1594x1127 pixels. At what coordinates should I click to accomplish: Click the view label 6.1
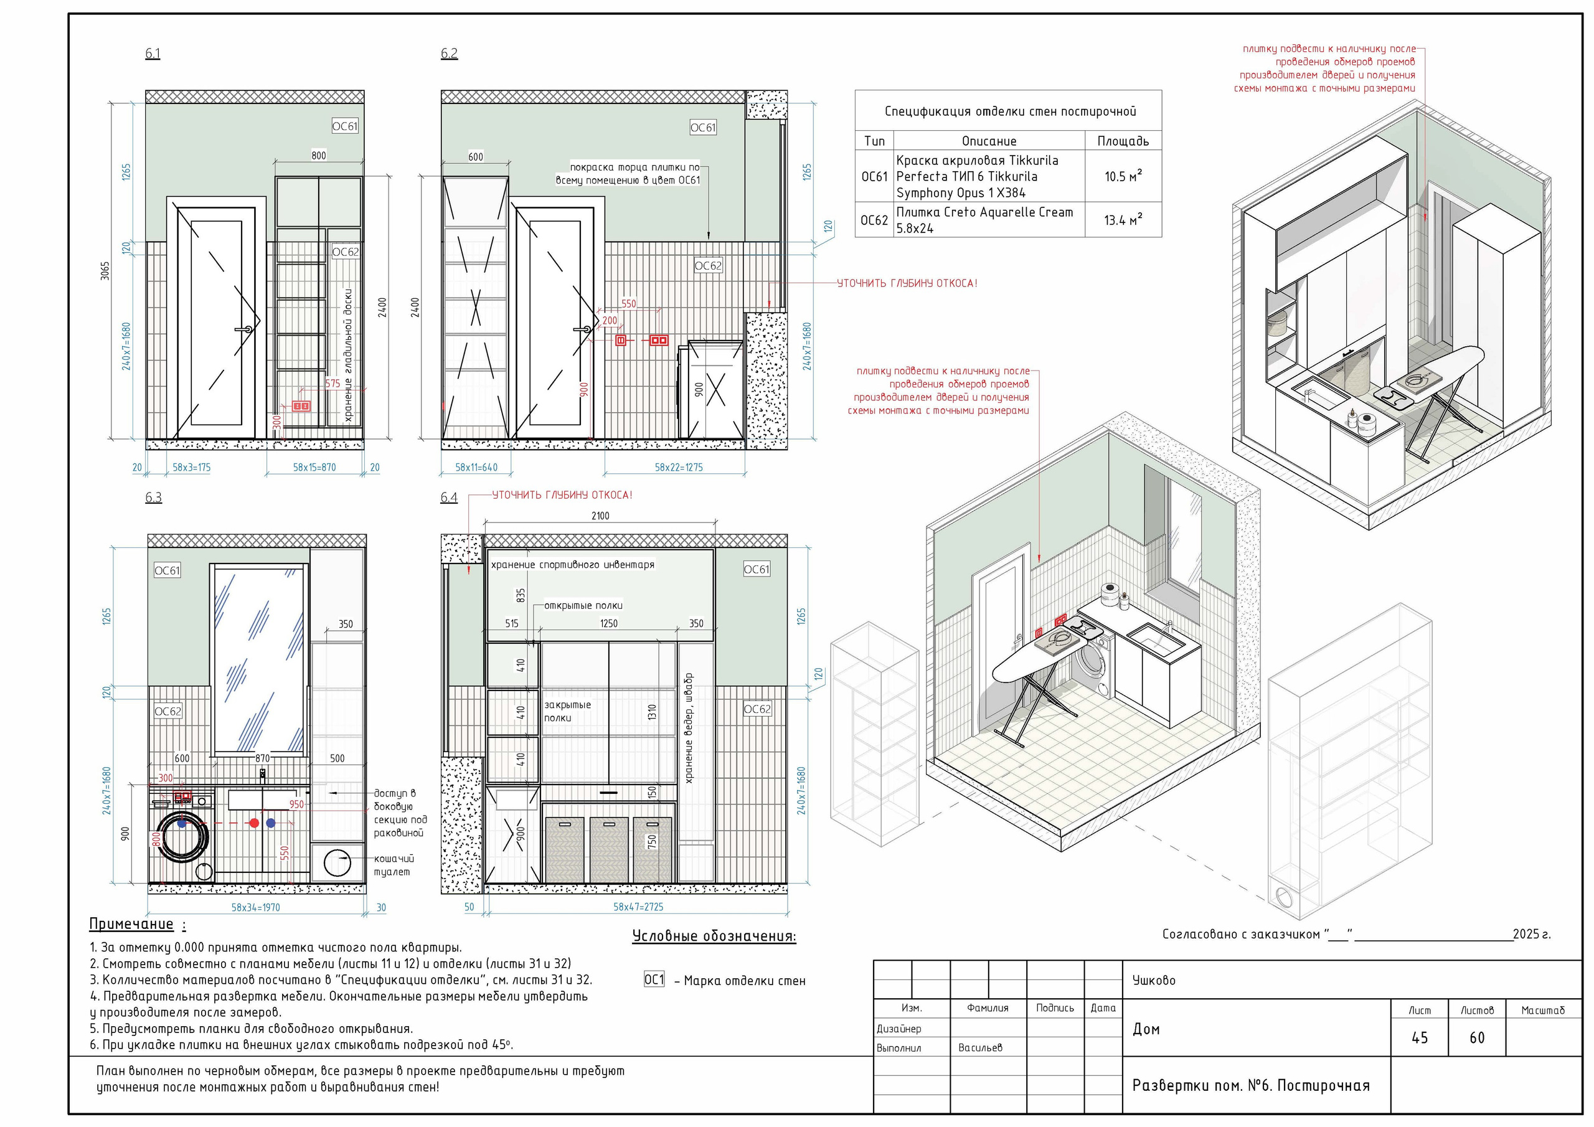tap(153, 54)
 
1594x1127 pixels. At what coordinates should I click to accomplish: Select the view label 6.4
tap(449, 497)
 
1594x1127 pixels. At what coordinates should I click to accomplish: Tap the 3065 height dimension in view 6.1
tap(105, 271)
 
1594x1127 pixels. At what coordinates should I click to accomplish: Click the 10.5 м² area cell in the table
tap(1123, 176)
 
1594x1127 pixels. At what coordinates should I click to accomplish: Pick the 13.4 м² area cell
tap(1123, 219)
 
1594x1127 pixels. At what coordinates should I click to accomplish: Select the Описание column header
tap(989, 141)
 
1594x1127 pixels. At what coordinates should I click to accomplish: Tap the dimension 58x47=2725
tap(638, 906)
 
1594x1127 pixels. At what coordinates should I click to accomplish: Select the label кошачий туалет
tap(394, 865)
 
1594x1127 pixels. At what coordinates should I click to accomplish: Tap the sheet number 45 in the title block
tap(1420, 1037)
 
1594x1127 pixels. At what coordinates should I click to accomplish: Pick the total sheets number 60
tap(1477, 1037)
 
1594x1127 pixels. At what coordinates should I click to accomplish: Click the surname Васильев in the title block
tap(980, 1047)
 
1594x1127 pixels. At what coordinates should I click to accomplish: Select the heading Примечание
tap(131, 923)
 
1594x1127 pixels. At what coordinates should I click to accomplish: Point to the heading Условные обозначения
tap(714, 936)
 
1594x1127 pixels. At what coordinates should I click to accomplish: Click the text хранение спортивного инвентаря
tap(573, 565)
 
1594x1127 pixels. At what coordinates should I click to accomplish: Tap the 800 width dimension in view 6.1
tap(319, 156)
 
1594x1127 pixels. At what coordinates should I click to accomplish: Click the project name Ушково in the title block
tap(1154, 980)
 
